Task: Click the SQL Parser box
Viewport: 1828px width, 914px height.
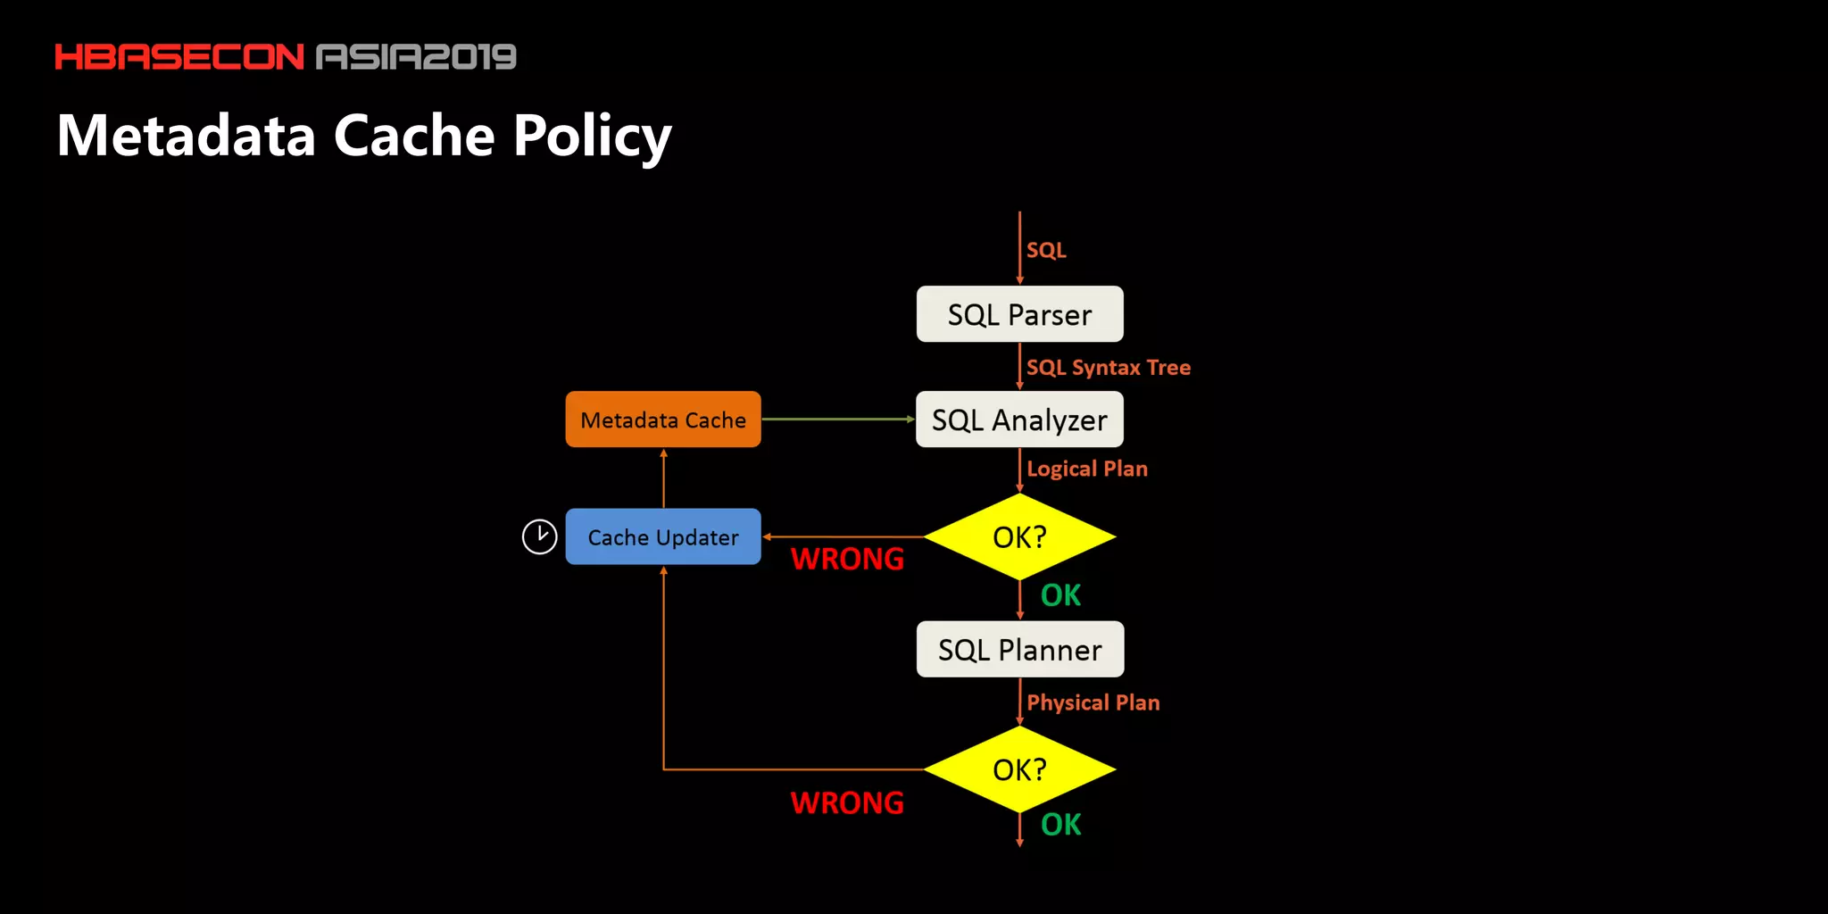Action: pyautogui.click(x=1019, y=314)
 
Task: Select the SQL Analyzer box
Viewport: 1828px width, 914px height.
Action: pyautogui.click(x=1019, y=420)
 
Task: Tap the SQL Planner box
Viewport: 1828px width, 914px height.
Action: pyautogui.click(x=1019, y=649)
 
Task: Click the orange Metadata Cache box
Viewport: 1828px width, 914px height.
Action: pyautogui.click(x=663, y=420)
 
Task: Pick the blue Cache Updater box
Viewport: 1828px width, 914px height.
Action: pyautogui.click(x=663, y=536)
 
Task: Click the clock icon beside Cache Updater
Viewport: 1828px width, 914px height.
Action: pyautogui.click(x=539, y=536)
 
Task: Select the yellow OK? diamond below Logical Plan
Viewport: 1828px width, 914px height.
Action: pyautogui.click(x=1019, y=536)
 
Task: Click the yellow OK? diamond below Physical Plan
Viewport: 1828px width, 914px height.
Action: pyautogui.click(x=1019, y=769)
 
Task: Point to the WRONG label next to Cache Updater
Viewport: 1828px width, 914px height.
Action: pyautogui.click(x=847, y=559)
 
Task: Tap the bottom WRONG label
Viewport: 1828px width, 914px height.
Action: pyautogui.click(x=847, y=802)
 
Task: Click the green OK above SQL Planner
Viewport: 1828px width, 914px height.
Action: pyautogui.click(x=1060, y=595)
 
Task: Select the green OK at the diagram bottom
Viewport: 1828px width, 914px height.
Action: pyautogui.click(x=1060, y=825)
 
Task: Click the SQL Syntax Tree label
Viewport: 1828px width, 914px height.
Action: pyautogui.click(x=1108, y=368)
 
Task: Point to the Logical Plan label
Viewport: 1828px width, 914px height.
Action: pyautogui.click(x=1086, y=469)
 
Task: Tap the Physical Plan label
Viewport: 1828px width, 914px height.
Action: pyautogui.click(x=1093, y=702)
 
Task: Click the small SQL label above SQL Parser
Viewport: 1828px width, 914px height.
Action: pyautogui.click(x=1045, y=250)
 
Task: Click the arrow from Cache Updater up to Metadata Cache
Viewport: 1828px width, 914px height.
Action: pyautogui.click(x=663, y=478)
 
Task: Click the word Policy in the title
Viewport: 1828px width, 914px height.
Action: pyautogui.click(x=592, y=136)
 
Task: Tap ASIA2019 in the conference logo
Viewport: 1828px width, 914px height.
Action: pyautogui.click(x=416, y=57)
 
